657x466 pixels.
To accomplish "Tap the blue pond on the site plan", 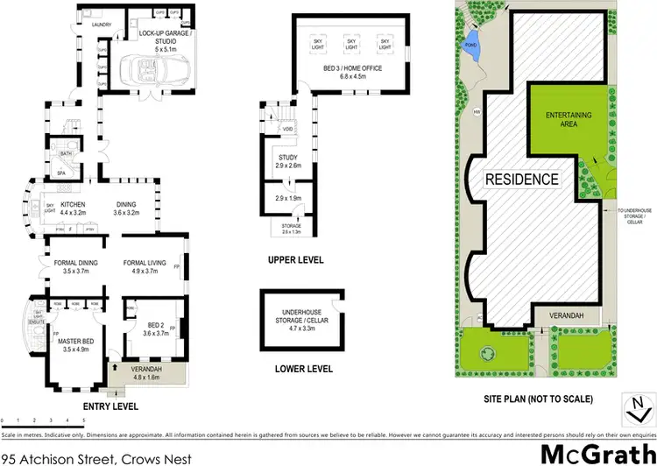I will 474,53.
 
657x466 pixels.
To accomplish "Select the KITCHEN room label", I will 74,208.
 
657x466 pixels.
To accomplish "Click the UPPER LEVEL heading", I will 297,260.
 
